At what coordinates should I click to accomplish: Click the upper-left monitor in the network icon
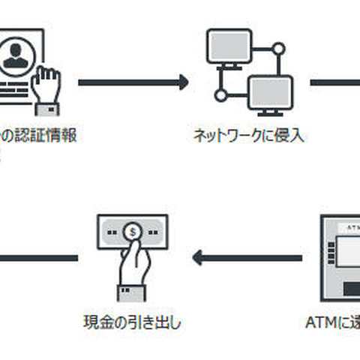click(x=229, y=47)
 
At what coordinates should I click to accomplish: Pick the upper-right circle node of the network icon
click(x=278, y=49)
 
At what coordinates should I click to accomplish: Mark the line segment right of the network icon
click(x=334, y=82)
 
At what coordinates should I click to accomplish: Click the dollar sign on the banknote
click(x=133, y=232)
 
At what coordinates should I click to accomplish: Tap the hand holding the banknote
click(x=134, y=262)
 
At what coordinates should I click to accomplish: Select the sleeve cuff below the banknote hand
click(x=132, y=290)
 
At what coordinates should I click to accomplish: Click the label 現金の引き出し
click(x=132, y=323)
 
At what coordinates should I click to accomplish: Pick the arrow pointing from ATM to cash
click(x=247, y=259)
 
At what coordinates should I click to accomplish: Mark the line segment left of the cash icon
click(x=38, y=259)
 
